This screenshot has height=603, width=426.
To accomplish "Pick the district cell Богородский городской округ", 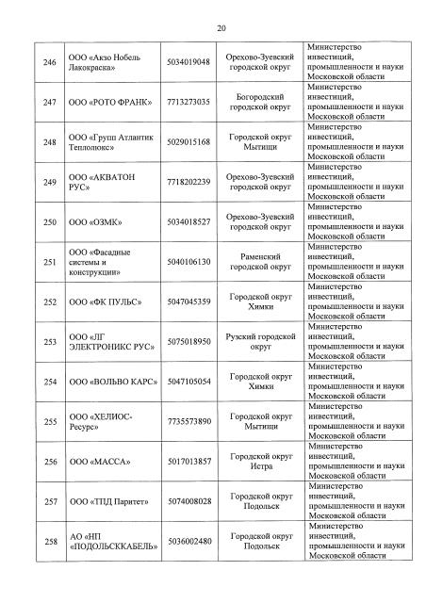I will coord(261,101).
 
